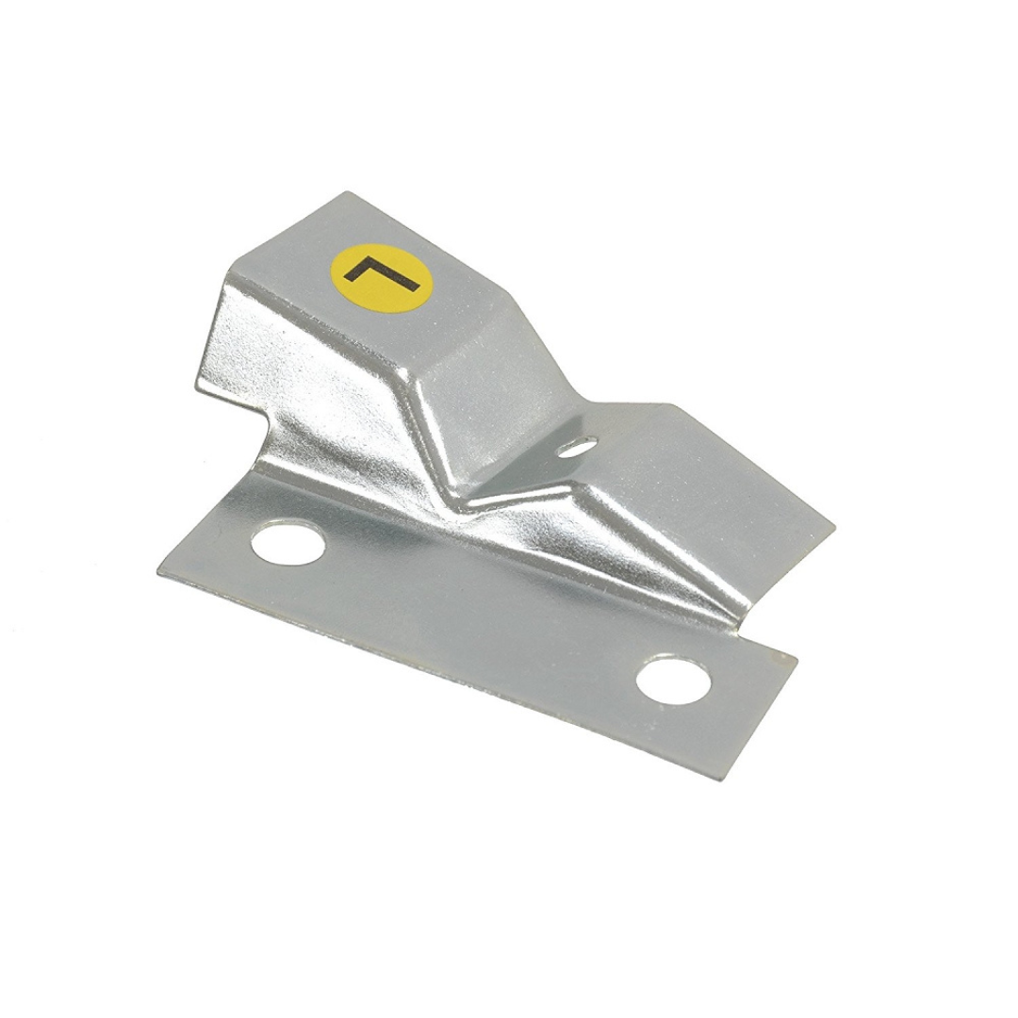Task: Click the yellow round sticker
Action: point(381,276)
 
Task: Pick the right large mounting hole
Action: point(674,684)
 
